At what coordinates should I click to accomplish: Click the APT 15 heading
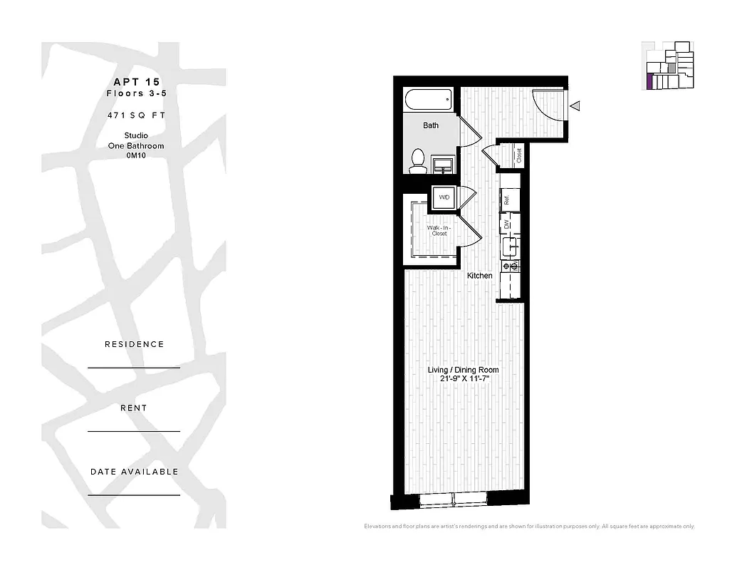(x=134, y=81)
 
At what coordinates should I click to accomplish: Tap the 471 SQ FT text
(x=134, y=114)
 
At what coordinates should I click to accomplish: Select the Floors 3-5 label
(x=134, y=93)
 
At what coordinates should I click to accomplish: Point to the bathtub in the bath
(x=428, y=99)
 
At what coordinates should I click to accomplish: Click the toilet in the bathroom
(x=417, y=160)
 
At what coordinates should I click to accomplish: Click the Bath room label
(x=431, y=125)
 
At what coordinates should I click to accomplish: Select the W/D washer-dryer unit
(x=444, y=197)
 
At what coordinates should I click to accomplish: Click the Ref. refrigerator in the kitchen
(x=507, y=200)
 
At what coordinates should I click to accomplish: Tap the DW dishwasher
(x=507, y=224)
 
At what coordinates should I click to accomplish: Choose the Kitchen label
(x=479, y=275)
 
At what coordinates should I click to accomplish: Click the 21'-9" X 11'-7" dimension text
(x=463, y=379)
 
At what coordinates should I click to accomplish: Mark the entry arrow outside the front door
(x=575, y=106)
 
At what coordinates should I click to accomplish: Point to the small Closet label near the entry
(x=519, y=155)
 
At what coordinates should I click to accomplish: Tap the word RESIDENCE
(x=134, y=344)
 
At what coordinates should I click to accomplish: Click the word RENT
(x=134, y=408)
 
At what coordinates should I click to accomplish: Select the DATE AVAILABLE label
(x=134, y=472)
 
